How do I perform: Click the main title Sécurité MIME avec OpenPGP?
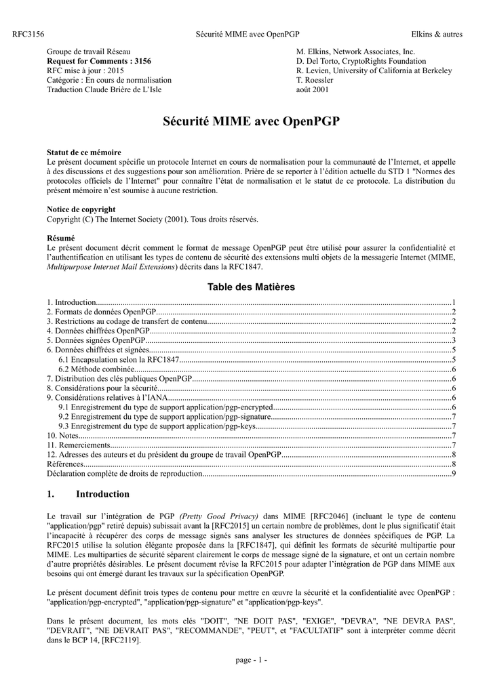(252, 122)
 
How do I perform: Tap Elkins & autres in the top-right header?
(437, 34)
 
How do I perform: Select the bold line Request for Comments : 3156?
(98, 61)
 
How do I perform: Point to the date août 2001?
(313, 89)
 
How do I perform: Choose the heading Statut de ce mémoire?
(83, 152)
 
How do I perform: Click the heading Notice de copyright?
(81, 209)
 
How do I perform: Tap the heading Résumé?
(60, 238)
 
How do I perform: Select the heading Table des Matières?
(251, 287)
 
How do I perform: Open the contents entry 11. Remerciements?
(78, 445)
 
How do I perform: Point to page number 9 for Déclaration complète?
(453, 474)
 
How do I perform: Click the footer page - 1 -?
(251, 661)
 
